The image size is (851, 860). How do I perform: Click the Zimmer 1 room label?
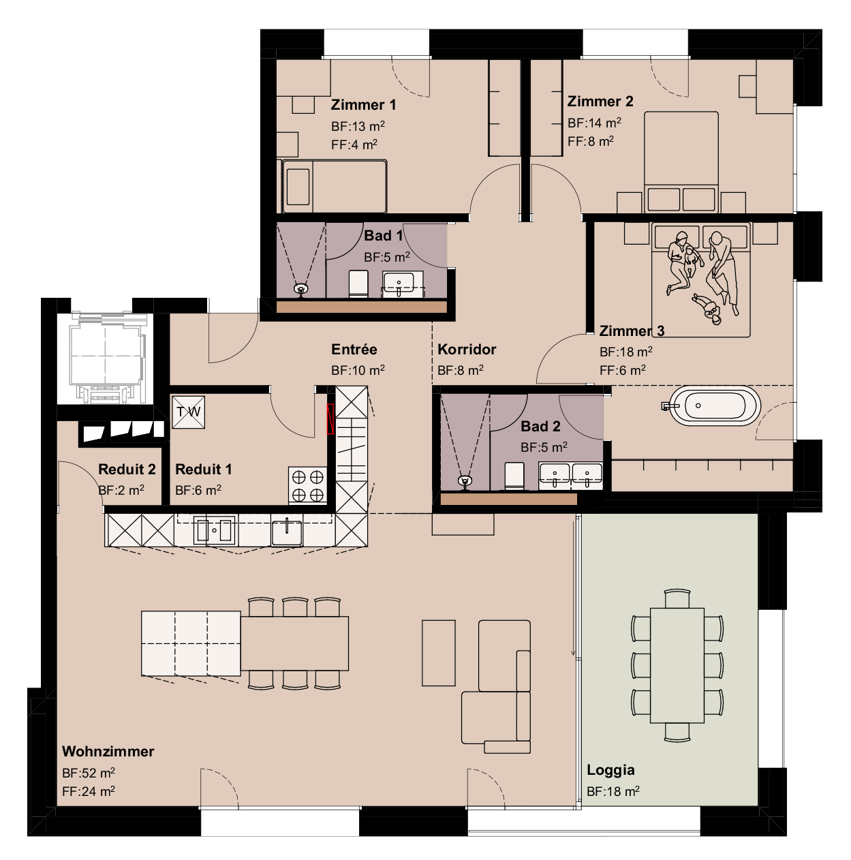363,105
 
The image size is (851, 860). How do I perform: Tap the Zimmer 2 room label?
600,102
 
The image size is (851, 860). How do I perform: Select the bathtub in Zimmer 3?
714,406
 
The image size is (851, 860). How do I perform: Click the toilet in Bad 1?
358,283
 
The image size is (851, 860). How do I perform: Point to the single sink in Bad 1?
399,283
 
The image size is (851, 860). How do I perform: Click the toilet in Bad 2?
514,476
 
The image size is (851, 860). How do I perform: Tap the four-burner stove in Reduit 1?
307,485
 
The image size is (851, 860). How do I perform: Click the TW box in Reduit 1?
188,412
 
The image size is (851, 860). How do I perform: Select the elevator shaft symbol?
106,358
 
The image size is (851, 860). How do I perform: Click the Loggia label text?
610,770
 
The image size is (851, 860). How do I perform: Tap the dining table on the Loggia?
677,665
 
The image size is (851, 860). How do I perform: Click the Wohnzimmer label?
108,751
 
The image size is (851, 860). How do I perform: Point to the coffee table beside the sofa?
438,652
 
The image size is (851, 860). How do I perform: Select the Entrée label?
354,350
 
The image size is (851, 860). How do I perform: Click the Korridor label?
467,350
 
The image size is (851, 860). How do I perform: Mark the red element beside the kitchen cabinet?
330,418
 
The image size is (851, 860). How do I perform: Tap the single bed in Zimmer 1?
335,186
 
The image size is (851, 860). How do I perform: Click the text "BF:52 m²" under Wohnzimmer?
89,773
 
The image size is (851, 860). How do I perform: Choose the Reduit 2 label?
127,470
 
